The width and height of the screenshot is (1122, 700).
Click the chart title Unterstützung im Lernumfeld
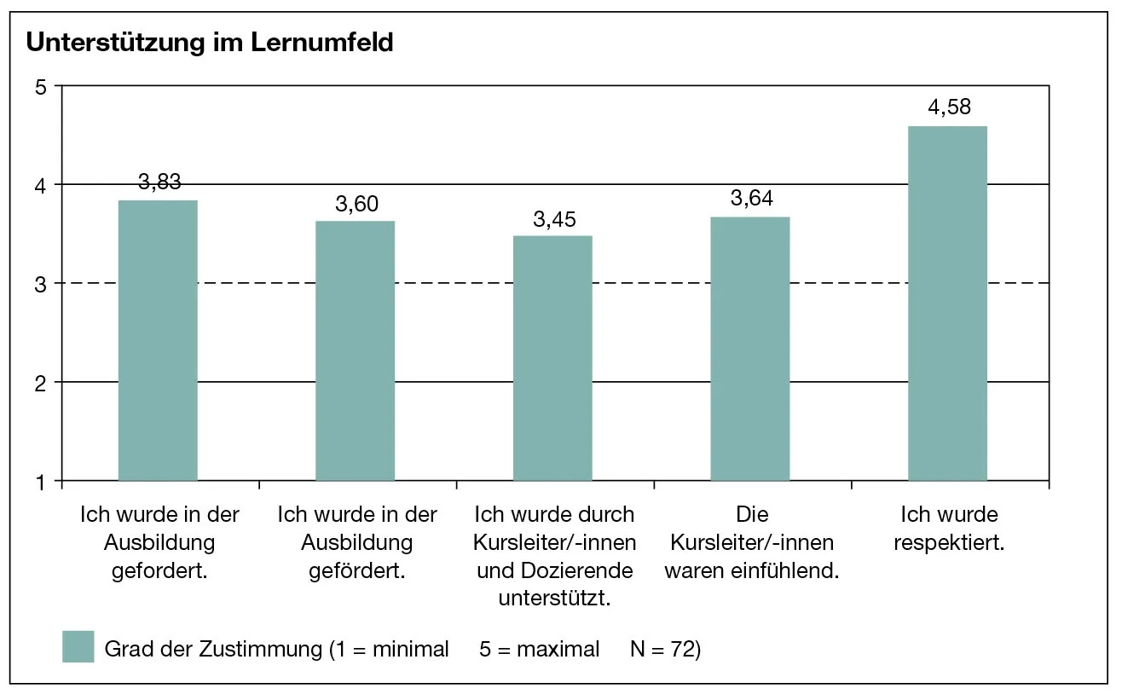(x=210, y=43)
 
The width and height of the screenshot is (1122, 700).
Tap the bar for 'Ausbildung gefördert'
(x=355, y=350)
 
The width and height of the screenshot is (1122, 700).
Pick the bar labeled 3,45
(x=552, y=357)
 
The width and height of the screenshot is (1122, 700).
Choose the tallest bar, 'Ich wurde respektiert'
(x=947, y=303)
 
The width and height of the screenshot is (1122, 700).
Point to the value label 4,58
(x=949, y=107)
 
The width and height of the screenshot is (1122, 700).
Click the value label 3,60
(x=356, y=203)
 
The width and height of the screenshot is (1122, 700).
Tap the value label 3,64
(x=752, y=199)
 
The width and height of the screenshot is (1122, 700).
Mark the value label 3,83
(x=159, y=182)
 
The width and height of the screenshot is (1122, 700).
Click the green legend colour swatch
(x=78, y=647)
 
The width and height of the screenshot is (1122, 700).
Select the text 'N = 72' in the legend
(x=664, y=649)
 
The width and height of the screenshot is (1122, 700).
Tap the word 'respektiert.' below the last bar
(x=949, y=542)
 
